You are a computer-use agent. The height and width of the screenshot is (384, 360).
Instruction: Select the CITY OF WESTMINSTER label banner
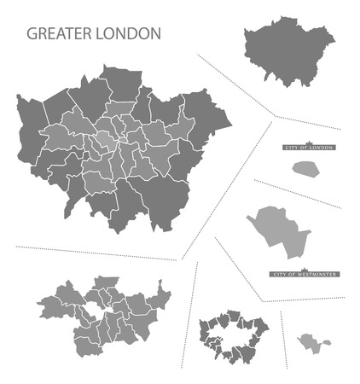(x=305, y=274)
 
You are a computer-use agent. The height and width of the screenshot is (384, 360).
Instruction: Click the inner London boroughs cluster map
(x=102, y=311)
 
